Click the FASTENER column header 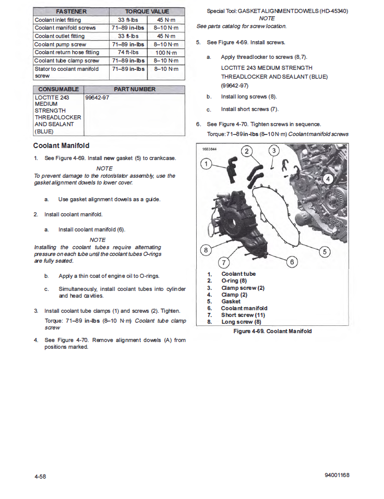point(71,11)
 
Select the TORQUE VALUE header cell point(148,11)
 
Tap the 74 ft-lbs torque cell point(128,53)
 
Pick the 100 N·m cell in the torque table point(166,53)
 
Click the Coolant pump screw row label point(60,45)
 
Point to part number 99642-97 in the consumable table point(97,98)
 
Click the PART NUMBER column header point(135,89)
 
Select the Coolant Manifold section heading point(61,145)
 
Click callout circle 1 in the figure point(207,164)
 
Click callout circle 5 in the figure point(325,252)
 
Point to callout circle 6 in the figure point(292,262)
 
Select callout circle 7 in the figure point(224,262)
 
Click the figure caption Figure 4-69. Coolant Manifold point(273,331)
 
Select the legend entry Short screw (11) point(244,315)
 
